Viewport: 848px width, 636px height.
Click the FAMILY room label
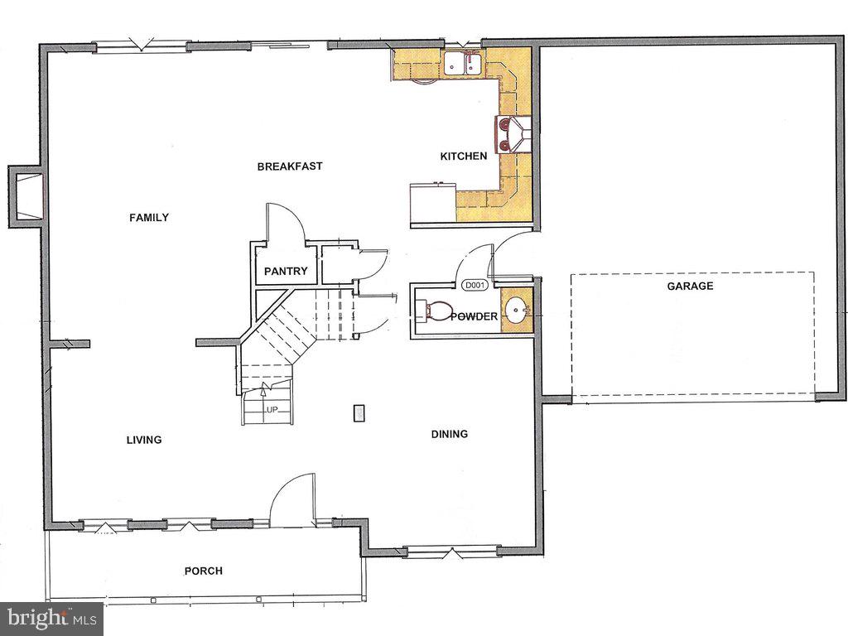(149, 218)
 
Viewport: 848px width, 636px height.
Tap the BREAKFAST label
(290, 166)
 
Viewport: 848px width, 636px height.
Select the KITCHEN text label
(463, 157)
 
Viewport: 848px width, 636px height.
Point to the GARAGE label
(690, 287)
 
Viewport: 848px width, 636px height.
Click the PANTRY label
(286, 272)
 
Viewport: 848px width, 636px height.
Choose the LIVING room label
(144, 440)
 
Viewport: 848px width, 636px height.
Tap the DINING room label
(450, 434)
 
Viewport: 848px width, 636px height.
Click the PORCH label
(203, 571)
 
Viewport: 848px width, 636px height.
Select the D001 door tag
(474, 286)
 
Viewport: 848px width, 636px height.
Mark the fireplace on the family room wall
(26, 196)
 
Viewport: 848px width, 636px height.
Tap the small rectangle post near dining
(359, 412)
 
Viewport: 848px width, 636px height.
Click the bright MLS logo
(51, 618)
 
